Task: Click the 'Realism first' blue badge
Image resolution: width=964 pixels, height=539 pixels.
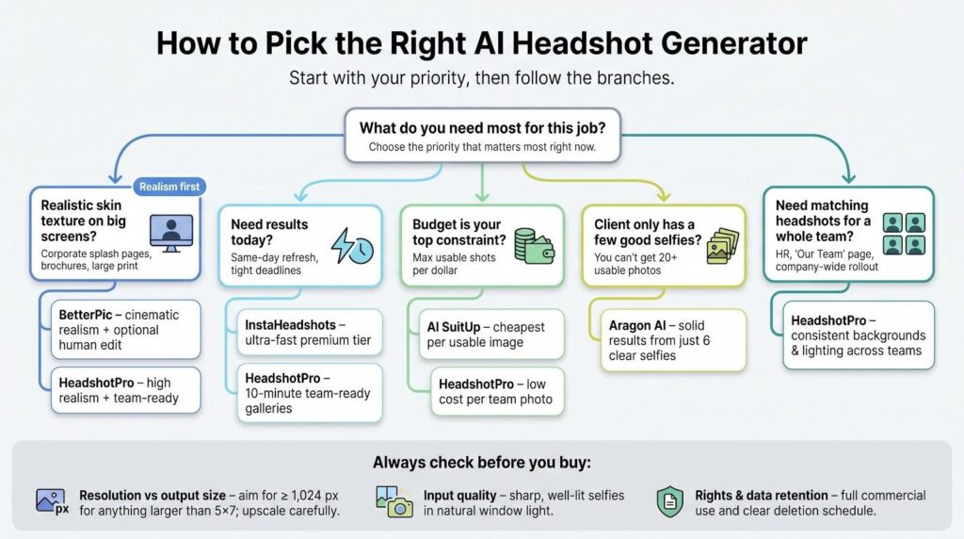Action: tap(169, 187)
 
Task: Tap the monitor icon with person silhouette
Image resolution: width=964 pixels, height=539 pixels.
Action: tap(171, 233)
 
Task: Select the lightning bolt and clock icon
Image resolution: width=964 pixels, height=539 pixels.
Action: tap(352, 247)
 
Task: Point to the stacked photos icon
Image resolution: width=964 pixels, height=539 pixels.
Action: tap(722, 246)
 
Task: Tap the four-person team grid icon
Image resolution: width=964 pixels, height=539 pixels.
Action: tap(904, 235)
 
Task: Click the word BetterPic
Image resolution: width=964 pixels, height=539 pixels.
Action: tap(85, 315)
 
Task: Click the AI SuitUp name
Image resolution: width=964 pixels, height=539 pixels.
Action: tap(454, 327)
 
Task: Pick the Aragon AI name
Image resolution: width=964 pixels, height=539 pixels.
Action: tap(637, 325)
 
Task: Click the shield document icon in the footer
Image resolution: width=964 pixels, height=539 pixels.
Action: tap(670, 501)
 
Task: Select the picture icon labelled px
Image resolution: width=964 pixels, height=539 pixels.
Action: tap(53, 501)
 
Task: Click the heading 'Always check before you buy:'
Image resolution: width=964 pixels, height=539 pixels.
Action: tap(481, 462)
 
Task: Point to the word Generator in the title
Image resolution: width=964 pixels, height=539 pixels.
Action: tap(734, 43)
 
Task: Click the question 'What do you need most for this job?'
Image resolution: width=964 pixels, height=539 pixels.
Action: tap(483, 128)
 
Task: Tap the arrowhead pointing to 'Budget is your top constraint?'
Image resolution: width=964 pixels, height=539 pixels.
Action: tap(483, 197)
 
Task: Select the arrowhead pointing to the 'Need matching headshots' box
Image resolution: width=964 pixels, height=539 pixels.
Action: tap(848, 178)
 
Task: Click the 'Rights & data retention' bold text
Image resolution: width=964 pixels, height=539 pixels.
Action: tap(761, 496)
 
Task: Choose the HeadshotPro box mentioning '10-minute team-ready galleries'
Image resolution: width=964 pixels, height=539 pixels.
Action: tap(310, 393)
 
